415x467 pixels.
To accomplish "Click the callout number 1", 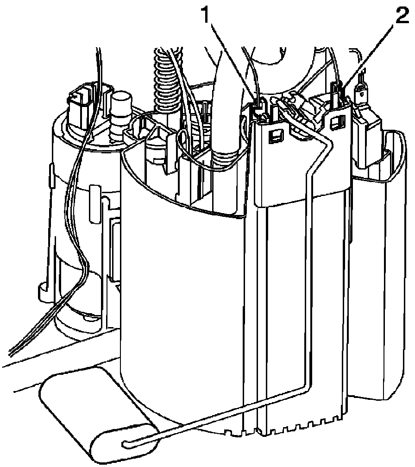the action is coord(206,15).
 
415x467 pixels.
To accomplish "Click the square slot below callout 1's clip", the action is coord(275,135).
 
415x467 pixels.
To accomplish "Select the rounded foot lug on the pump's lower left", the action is coord(43,290).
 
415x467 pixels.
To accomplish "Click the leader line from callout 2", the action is coord(369,57).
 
